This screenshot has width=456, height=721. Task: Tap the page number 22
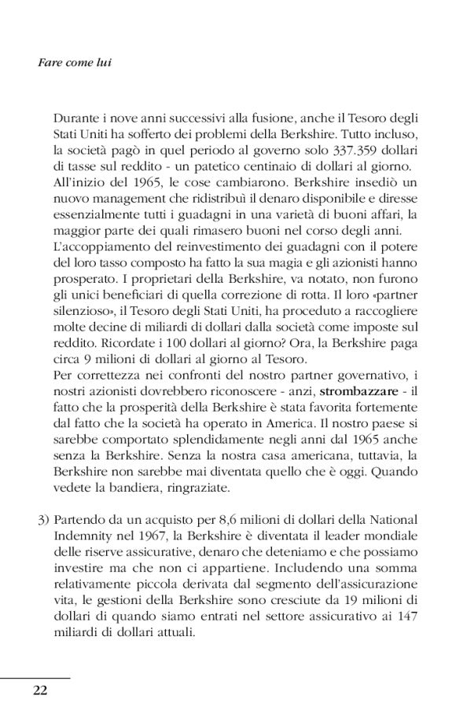(40, 690)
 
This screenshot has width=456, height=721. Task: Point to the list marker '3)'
(42, 519)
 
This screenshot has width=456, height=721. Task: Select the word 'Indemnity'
(80, 536)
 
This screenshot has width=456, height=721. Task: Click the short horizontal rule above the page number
(35, 676)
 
